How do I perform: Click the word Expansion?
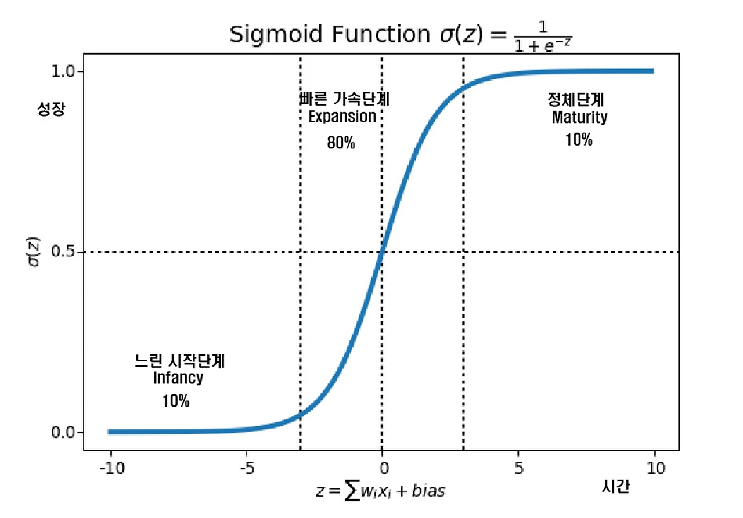pos(342,116)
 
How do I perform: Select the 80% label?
pos(341,143)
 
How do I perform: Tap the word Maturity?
pos(579,117)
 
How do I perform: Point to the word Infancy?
pos(178,378)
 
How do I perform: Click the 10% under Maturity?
pos(579,140)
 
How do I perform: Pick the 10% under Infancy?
pos(176,401)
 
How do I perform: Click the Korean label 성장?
pos(49,108)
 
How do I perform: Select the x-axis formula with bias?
pos(381,491)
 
